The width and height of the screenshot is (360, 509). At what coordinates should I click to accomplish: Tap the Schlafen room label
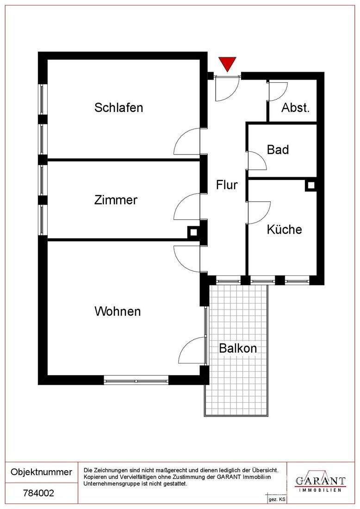tap(118, 108)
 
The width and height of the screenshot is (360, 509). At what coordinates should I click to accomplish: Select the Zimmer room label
tap(116, 200)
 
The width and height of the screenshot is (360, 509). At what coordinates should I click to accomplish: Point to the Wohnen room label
tap(118, 311)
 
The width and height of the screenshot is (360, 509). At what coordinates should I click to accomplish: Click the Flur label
tap(227, 185)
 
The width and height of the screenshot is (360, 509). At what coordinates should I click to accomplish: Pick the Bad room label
tap(278, 150)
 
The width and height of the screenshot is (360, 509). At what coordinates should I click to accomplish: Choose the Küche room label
tap(284, 230)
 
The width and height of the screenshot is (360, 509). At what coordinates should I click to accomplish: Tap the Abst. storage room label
tap(295, 108)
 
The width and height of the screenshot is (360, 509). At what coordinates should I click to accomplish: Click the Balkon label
tap(238, 348)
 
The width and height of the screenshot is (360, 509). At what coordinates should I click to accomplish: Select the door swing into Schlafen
tap(188, 143)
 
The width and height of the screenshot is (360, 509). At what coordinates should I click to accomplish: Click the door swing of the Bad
tap(256, 161)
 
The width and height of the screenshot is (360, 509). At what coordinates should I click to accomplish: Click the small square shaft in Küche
tap(311, 185)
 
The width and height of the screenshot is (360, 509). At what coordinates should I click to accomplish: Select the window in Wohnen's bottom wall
tap(136, 381)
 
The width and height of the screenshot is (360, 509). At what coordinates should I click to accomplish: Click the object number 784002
tap(38, 493)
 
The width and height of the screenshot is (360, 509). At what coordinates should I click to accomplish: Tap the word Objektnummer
tap(41, 472)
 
